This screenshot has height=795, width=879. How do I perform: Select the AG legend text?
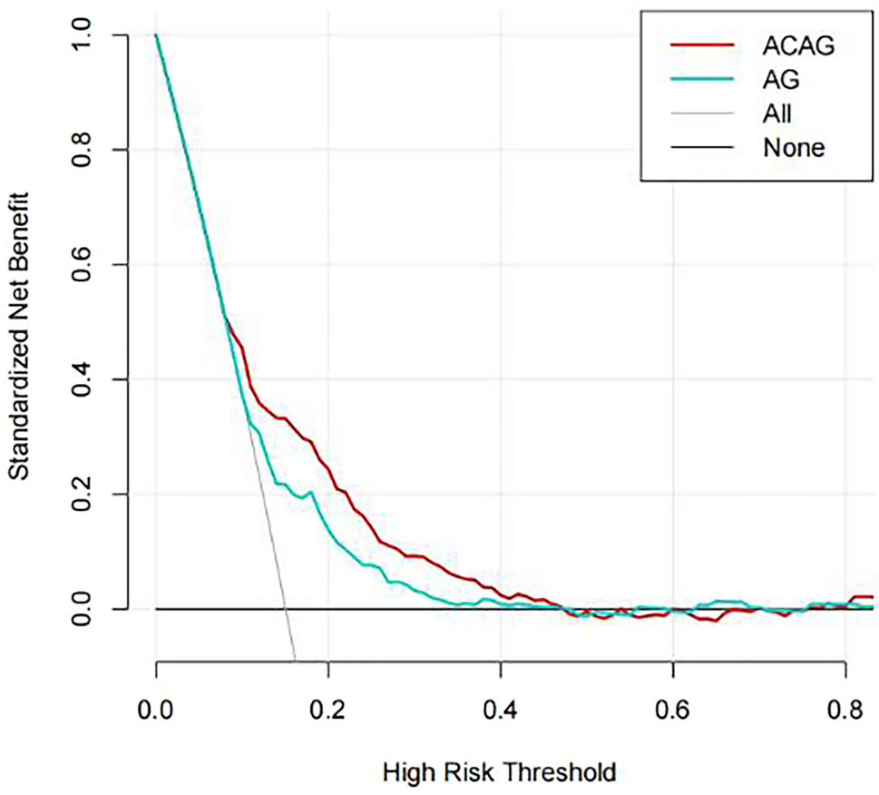(x=782, y=80)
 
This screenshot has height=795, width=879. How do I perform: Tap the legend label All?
(x=778, y=113)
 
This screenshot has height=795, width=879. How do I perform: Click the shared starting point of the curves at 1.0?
(x=156, y=34)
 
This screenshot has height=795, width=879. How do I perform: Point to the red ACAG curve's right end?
(x=872, y=597)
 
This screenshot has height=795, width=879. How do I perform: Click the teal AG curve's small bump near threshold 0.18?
(x=310, y=493)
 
